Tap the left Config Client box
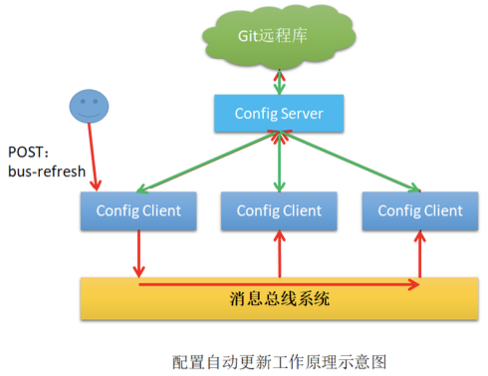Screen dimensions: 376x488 pyautogui.click(x=138, y=210)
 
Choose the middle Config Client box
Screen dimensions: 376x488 pyautogui.click(x=279, y=210)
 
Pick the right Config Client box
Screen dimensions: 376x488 pyautogui.click(x=418, y=210)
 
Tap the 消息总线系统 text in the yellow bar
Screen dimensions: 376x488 pyautogui.click(x=279, y=298)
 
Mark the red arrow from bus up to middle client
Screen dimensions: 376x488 pyautogui.click(x=279, y=254)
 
